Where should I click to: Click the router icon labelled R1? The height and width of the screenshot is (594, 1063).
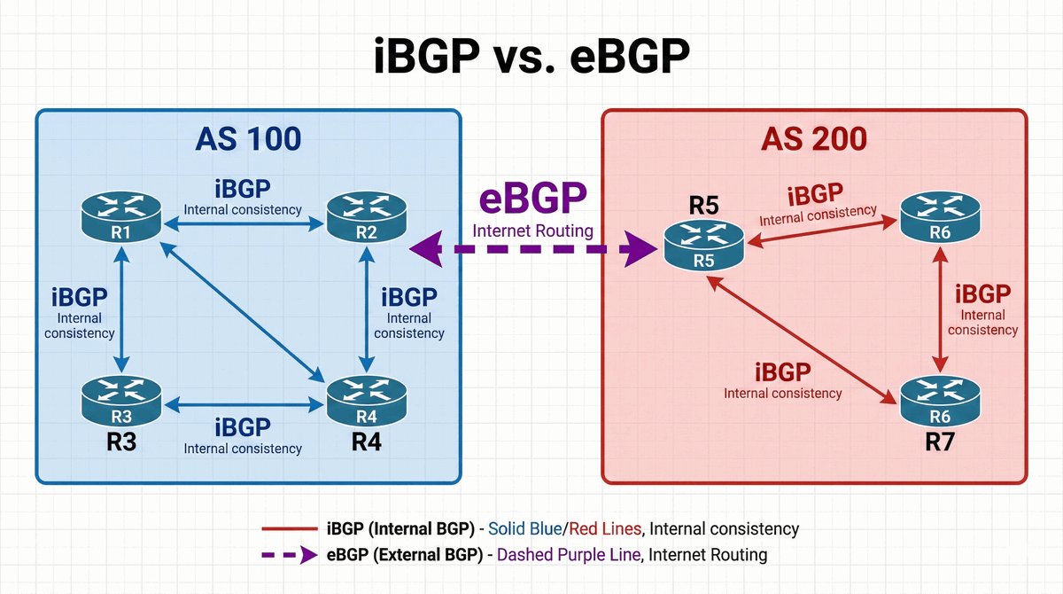tap(120, 216)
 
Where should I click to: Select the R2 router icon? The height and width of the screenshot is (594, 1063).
tap(366, 216)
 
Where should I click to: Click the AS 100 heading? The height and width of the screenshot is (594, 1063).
tap(247, 139)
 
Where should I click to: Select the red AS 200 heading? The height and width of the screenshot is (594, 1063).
tap(814, 139)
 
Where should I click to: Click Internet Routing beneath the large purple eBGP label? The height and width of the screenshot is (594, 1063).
tap(531, 231)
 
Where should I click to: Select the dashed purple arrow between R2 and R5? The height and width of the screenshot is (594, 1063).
tap(531, 252)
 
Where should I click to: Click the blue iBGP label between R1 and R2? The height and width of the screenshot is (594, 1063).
tap(243, 189)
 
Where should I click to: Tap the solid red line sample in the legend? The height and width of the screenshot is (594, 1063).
tap(288, 529)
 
